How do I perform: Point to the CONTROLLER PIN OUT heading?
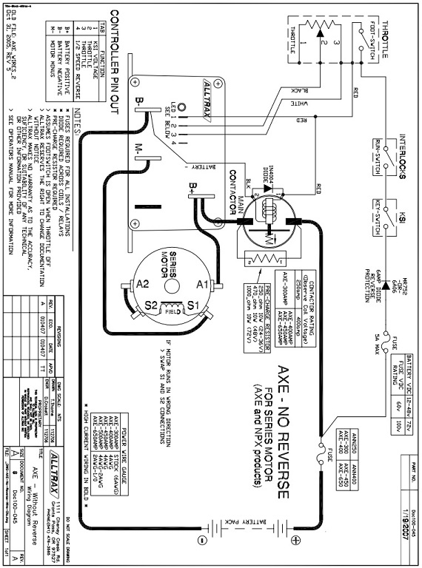point(115,52)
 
